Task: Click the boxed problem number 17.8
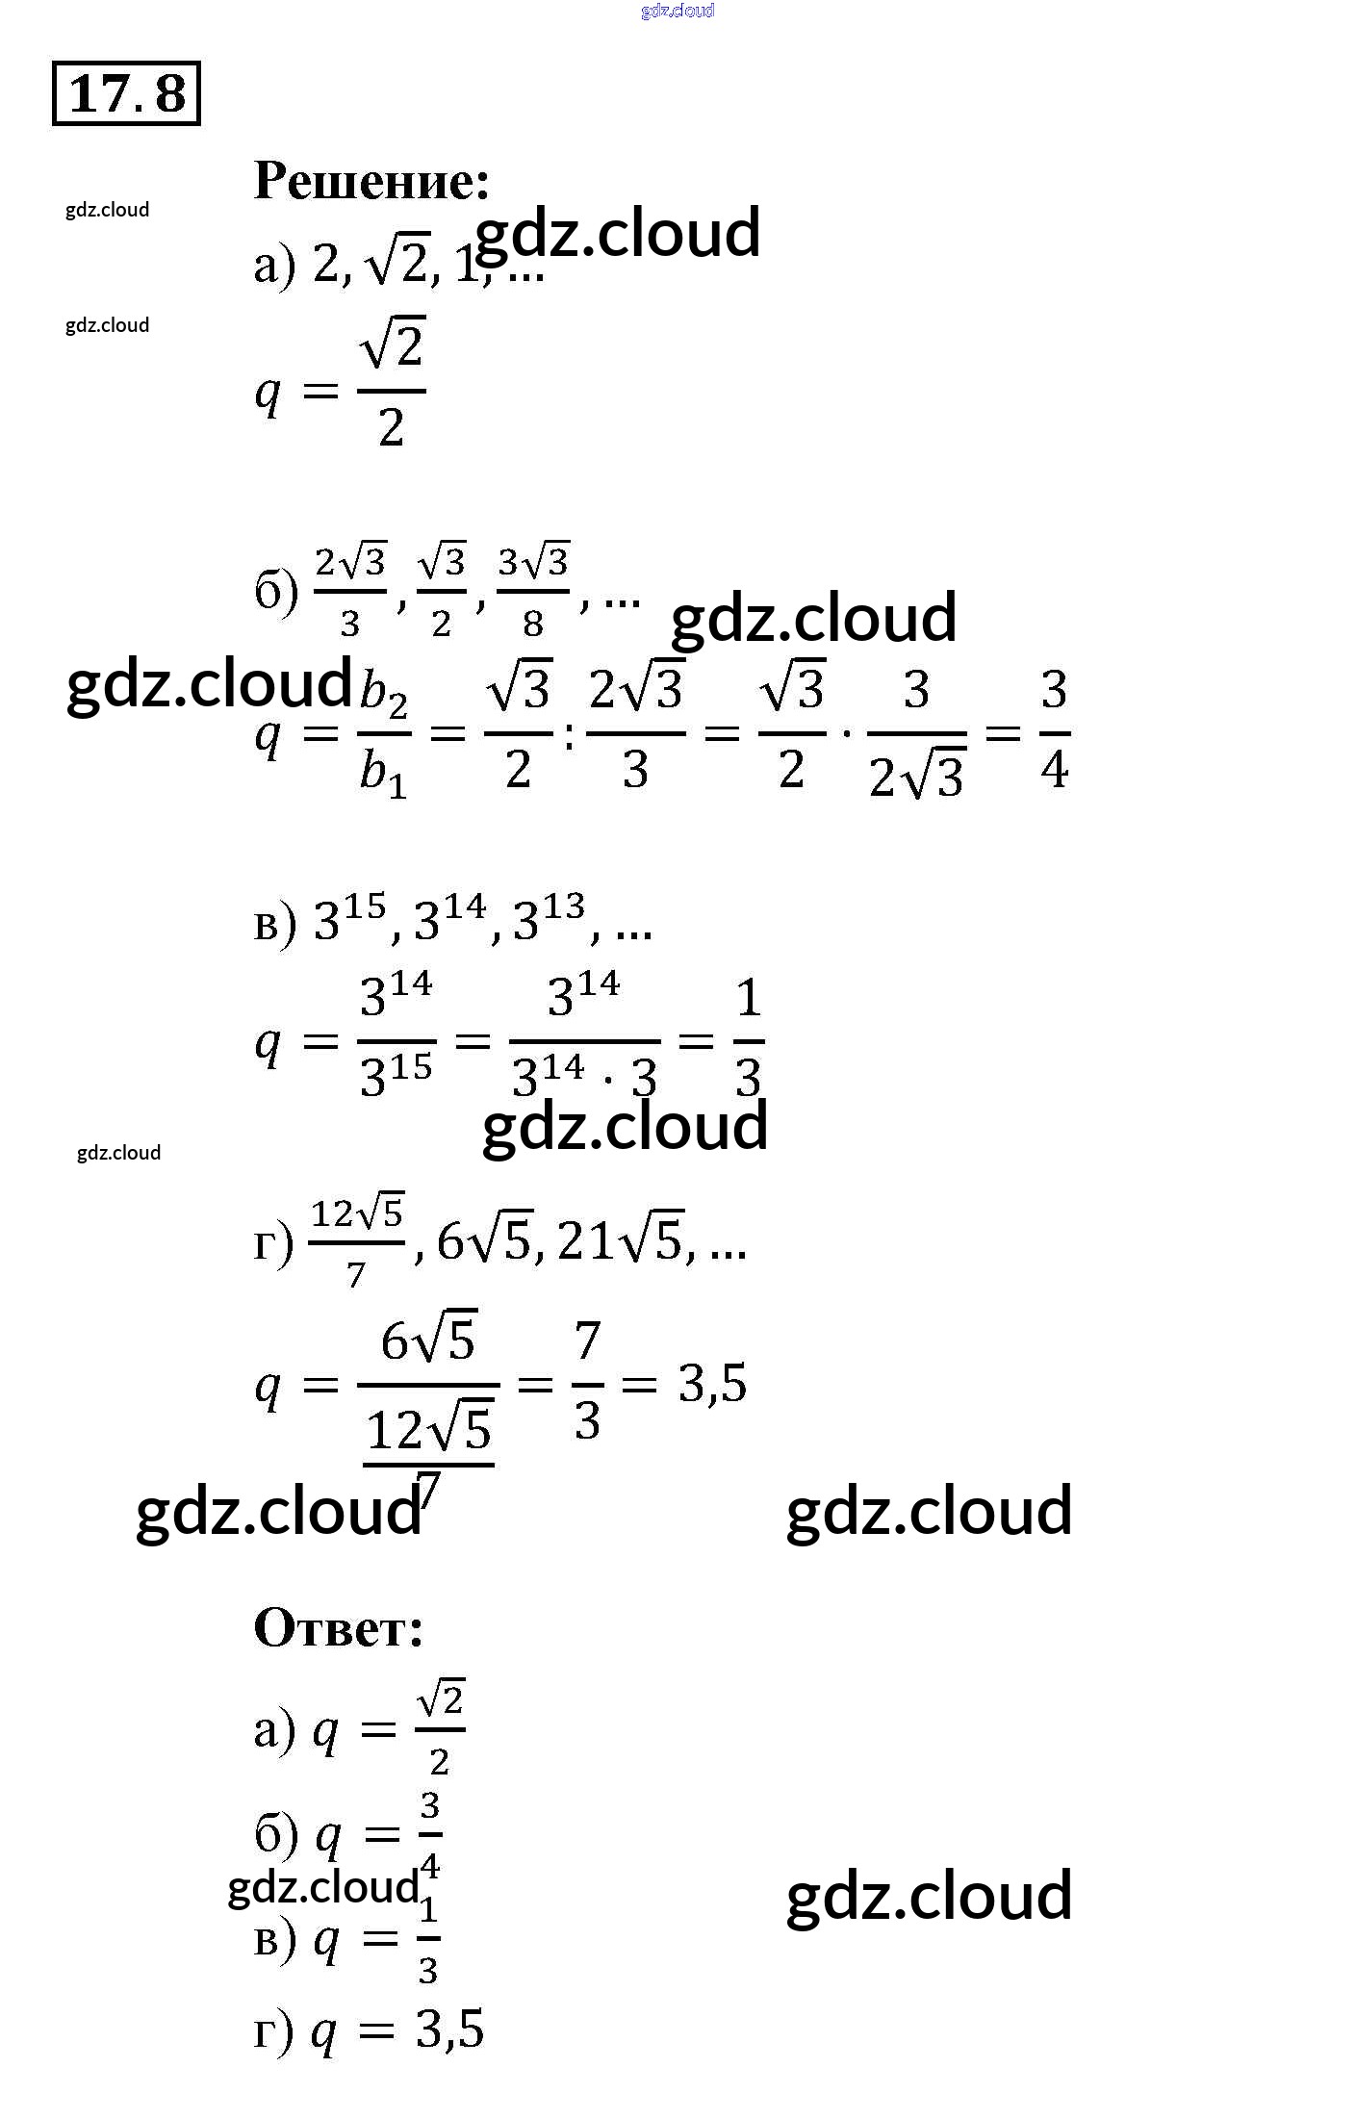(126, 93)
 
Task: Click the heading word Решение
(371, 181)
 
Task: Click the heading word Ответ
(338, 1627)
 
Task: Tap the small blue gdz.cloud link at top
(678, 11)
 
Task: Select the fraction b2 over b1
(384, 733)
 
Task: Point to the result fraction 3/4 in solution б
(1055, 730)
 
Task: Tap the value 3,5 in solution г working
(712, 1384)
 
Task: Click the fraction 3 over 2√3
(916, 733)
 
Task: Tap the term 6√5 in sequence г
(483, 1240)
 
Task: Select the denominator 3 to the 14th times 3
(584, 1076)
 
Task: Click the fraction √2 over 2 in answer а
(440, 1729)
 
